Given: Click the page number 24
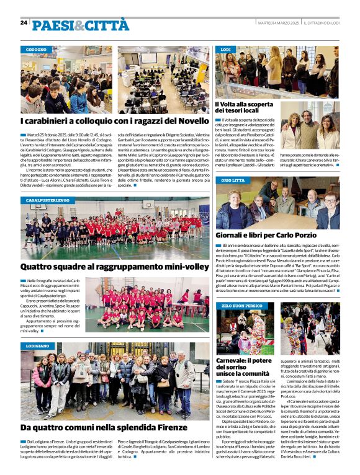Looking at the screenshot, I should pos(24,22).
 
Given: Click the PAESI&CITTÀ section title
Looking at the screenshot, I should pos(81,25).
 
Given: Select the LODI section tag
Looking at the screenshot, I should pos(226,49).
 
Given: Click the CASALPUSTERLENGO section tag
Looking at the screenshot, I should pos(48,201).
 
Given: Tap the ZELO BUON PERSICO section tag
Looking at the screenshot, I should pos(241,306).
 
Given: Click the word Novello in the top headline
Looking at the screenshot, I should pos(186,123).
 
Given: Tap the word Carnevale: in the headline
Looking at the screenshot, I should pos(235,360).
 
